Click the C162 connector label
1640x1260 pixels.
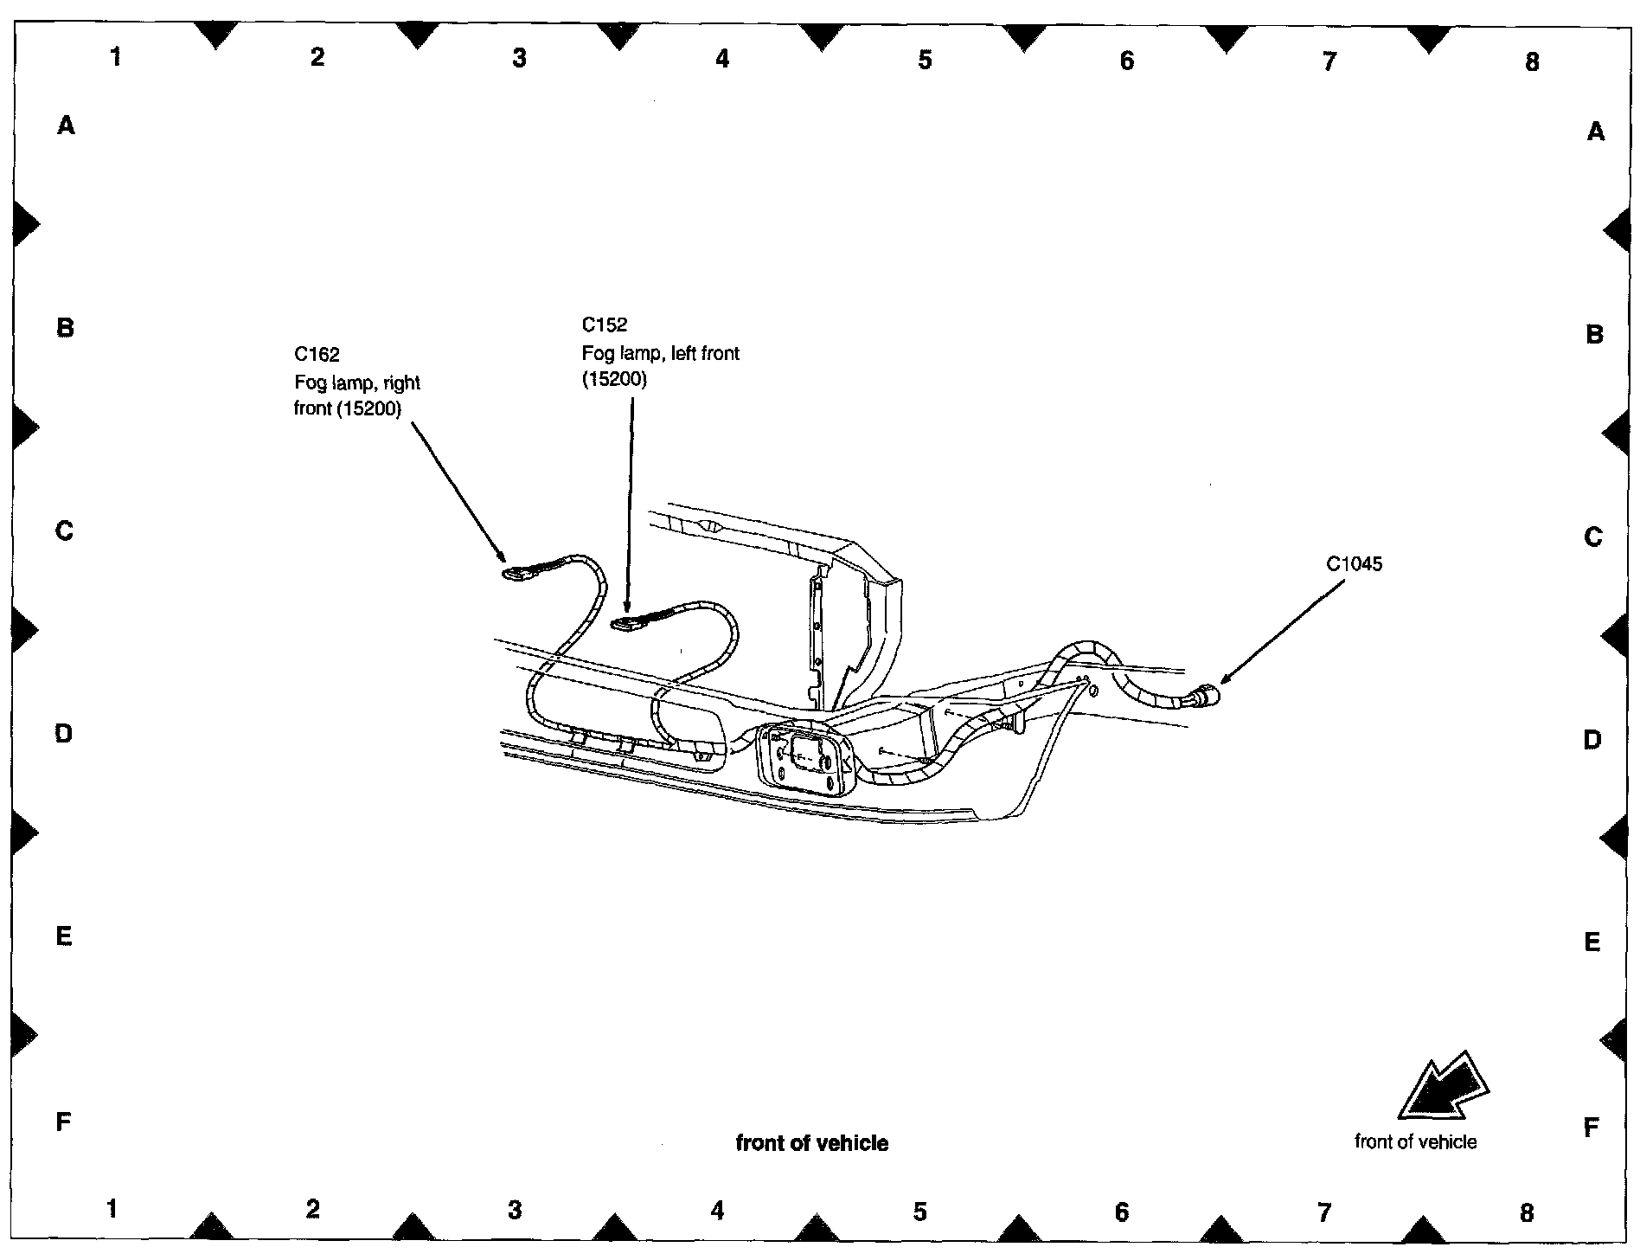pyautogui.click(x=317, y=354)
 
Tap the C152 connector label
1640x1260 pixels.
pyautogui.click(x=605, y=325)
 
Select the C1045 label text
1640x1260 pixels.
pyautogui.click(x=1355, y=564)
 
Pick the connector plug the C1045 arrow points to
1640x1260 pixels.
pyautogui.click(x=1205, y=695)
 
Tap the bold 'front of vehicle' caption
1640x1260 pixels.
pyautogui.click(x=812, y=1143)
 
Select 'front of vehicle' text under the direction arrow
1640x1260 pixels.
pyautogui.click(x=1416, y=1141)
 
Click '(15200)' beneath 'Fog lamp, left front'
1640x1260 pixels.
pyautogui.click(x=614, y=379)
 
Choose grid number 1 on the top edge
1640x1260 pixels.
pyautogui.click(x=115, y=57)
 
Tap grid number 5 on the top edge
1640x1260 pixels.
pyautogui.click(x=925, y=60)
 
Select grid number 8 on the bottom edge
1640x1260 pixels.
pyautogui.click(x=1527, y=1212)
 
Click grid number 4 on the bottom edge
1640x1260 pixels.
pyautogui.click(x=717, y=1210)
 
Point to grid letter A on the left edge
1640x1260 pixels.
pyautogui.click(x=66, y=126)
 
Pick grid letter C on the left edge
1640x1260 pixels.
pyautogui.click(x=65, y=530)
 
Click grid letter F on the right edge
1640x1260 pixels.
pyautogui.click(x=1591, y=1128)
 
